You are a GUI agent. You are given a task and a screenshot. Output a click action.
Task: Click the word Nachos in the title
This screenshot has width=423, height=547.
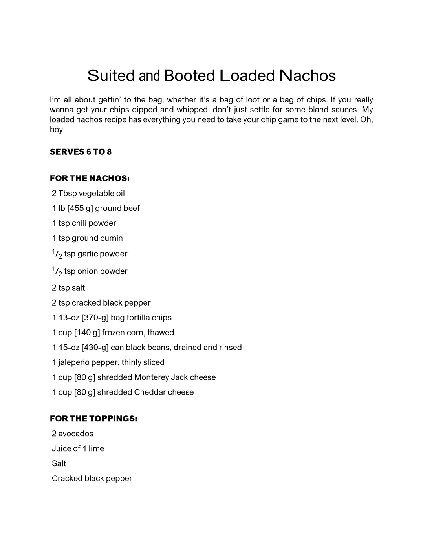[308, 76]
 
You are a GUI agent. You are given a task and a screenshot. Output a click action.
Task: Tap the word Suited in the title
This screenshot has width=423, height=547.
[111, 76]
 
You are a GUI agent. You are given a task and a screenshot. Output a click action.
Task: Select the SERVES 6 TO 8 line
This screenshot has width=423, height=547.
[81, 152]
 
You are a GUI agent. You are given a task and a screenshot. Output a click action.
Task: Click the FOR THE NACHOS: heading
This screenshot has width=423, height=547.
[90, 179]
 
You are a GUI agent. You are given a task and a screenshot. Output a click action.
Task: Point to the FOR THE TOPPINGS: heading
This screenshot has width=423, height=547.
[93, 419]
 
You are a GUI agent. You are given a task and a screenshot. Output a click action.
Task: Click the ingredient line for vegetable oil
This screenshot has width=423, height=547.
[88, 194]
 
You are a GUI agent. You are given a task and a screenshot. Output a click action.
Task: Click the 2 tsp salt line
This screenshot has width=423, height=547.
[68, 288]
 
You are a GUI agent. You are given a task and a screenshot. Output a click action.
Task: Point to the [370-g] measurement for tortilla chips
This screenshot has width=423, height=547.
[95, 318]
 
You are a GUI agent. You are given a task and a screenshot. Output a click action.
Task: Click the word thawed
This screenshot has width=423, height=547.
[161, 333]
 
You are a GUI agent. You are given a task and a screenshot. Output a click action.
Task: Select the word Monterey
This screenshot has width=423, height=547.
[151, 377]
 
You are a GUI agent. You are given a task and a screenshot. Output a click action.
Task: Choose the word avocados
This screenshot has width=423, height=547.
[76, 434]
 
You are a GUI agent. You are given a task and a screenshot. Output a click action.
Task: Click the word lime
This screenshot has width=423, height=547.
[96, 449]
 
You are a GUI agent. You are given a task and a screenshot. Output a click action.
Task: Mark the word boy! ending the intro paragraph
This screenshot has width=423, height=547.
[57, 130]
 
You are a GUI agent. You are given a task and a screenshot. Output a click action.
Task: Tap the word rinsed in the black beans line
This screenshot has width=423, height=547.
[231, 348]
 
